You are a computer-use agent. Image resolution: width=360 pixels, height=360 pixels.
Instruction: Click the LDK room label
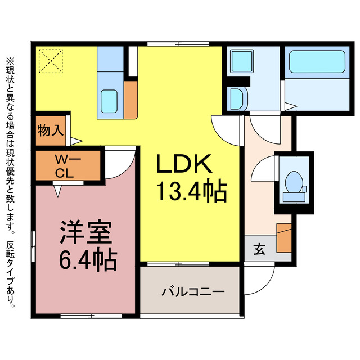tap(183, 164)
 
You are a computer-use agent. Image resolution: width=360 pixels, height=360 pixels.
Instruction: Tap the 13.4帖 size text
tap(191, 192)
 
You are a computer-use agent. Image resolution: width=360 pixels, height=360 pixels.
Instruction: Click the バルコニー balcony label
tap(193, 292)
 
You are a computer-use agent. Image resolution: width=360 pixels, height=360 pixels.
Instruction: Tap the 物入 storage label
tap(51, 131)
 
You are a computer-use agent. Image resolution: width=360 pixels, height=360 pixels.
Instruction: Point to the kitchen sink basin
tap(110, 102)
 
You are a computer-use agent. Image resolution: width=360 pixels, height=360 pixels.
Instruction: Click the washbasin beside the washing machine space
tap(236, 99)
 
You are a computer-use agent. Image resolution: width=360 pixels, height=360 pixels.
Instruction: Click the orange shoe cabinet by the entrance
tap(284, 237)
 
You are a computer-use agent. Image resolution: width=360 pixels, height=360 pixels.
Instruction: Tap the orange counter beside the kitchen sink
tap(130, 100)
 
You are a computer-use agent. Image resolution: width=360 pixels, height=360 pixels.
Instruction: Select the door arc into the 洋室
tap(120, 163)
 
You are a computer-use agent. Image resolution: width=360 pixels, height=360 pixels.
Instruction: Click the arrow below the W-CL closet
tap(57, 191)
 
